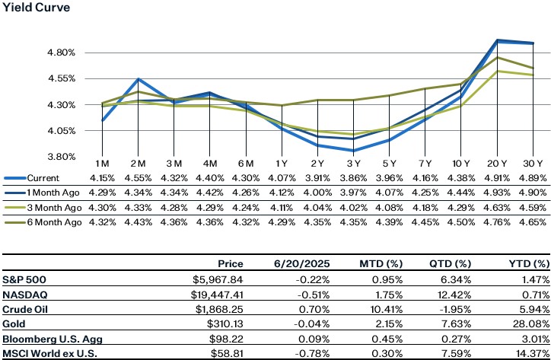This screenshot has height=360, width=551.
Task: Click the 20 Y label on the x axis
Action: pos(498,164)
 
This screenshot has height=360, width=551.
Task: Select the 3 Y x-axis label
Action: pos(353,164)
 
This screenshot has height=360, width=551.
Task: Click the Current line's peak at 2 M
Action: pos(138,78)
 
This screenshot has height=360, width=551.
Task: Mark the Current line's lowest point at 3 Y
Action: pos(353,151)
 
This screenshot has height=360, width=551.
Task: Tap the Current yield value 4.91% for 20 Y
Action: pos(498,178)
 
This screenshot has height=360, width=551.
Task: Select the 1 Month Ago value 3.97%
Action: pos(353,192)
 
